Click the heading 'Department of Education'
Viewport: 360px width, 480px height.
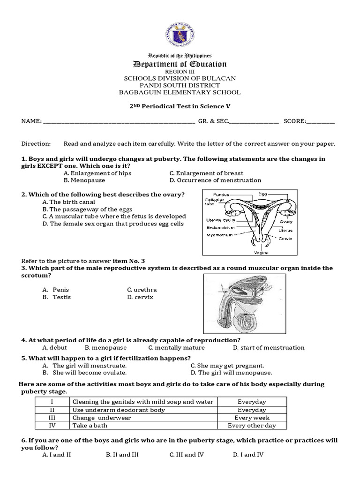coord(180,64)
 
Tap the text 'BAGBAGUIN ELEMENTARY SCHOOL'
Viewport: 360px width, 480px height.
coord(180,92)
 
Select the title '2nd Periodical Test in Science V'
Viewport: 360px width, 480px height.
coord(180,106)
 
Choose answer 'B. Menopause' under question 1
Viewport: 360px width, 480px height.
coord(84,180)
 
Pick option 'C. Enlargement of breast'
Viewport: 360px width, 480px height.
coord(206,173)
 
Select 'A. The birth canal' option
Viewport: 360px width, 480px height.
coord(68,202)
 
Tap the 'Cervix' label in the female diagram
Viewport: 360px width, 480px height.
coord(285,238)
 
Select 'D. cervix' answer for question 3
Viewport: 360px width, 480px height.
coord(140,297)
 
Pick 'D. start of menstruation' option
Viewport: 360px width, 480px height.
coord(269,347)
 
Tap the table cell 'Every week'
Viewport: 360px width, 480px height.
coord(252,418)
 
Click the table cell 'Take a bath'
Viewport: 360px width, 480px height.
coord(90,426)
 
